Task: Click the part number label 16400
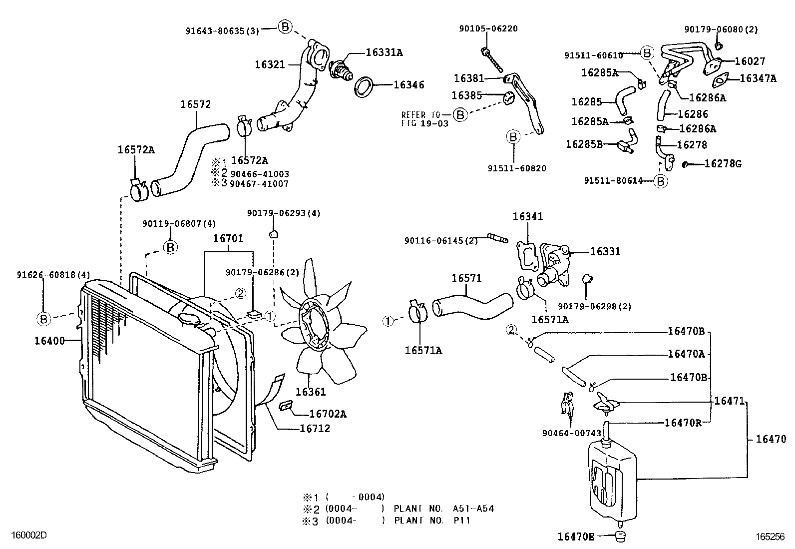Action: pyautogui.click(x=49, y=341)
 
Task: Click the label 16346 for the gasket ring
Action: pyautogui.click(x=408, y=85)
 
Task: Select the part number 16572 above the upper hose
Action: pyautogui.click(x=195, y=104)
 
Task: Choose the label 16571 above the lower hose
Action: pyautogui.click(x=467, y=278)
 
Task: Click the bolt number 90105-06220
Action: pyautogui.click(x=488, y=28)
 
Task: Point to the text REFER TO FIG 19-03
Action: pyautogui.click(x=424, y=119)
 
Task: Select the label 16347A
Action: pyautogui.click(x=758, y=78)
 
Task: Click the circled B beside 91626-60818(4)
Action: pyautogui.click(x=43, y=318)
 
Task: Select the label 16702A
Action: pyautogui.click(x=328, y=414)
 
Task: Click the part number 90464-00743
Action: pyautogui.click(x=571, y=433)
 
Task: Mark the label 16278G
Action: pyautogui.click(x=723, y=163)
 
